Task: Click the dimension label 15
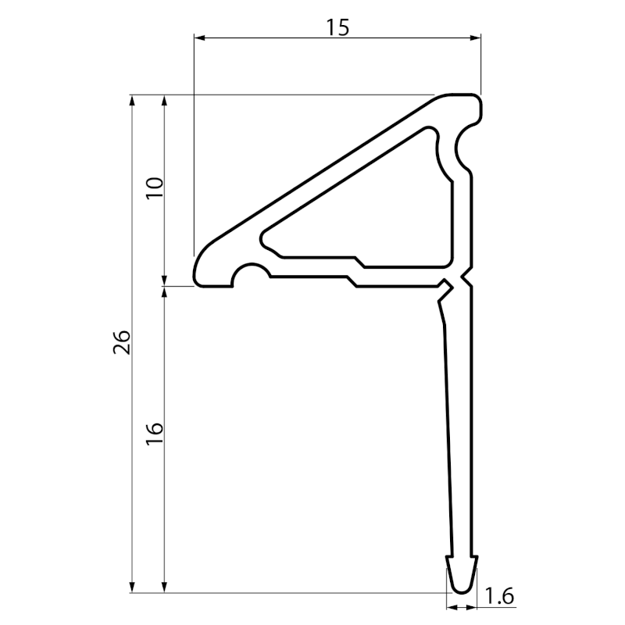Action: [x=337, y=27]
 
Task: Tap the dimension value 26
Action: [x=122, y=342]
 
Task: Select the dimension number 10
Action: [x=155, y=188]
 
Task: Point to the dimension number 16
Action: [x=155, y=434]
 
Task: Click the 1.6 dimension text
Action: [x=499, y=596]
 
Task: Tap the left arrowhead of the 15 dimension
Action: [x=199, y=37]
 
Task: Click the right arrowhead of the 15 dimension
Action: [x=476, y=37]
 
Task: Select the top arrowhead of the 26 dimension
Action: [x=133, y=100]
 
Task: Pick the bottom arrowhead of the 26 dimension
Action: [x=133, y=587]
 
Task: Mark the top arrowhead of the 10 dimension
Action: [x=164, y=100]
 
